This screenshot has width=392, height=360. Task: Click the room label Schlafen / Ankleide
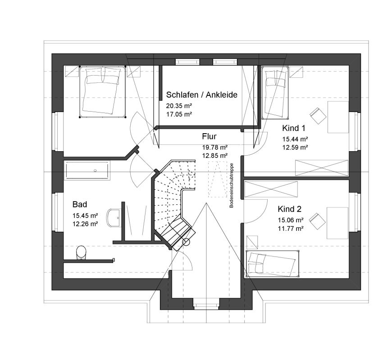pos(201,95)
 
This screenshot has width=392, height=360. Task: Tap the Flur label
pos(209,136)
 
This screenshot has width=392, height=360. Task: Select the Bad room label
pos(80,204)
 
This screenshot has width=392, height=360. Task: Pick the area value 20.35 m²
pos(179,106)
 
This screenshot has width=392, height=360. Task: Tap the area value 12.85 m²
pos(215,156)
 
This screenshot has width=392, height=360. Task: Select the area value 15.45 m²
pos(85,216)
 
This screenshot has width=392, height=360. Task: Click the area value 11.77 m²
pos(291,229)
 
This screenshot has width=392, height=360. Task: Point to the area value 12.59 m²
pos(295,147)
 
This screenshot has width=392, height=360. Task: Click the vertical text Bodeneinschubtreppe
pos(232,185)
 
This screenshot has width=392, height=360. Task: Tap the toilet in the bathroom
pos(81,252)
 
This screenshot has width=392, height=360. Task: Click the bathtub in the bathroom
pos(87,170)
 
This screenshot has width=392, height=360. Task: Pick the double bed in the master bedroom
pos(102,92)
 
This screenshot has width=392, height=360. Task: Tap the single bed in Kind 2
pos(272,264)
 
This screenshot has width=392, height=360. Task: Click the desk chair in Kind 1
pos(318,116)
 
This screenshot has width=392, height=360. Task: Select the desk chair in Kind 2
pos(317,221)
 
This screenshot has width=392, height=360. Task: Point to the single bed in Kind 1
pos(275,92)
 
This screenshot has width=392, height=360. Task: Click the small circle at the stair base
pos(186,242)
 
